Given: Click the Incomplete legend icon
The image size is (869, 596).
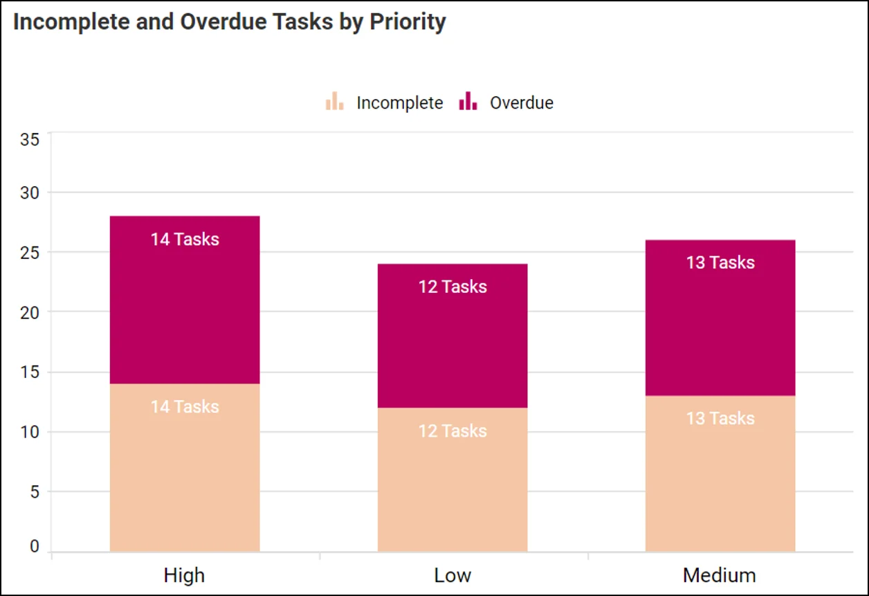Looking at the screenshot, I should pos(334,102).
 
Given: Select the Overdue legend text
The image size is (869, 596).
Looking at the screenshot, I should pos(522,103).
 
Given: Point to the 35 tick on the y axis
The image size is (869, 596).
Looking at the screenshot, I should pos(30,139).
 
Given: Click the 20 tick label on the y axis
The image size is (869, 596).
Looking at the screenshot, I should pos(30,312).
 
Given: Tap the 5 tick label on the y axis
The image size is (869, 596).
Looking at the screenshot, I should pos(35,492).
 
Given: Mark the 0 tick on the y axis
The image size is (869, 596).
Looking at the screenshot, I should pos(35,548).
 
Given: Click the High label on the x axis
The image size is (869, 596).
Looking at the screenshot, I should pos(185,575).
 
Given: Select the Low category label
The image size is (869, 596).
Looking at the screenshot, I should pos(452,575).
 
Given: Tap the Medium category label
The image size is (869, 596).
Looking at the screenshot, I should pos(720,575).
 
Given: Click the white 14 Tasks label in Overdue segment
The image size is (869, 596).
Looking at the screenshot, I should pos(185,240).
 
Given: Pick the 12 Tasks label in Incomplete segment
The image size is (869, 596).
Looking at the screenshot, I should pos(452,431).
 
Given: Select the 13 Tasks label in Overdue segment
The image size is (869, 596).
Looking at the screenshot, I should pos(720,263).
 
